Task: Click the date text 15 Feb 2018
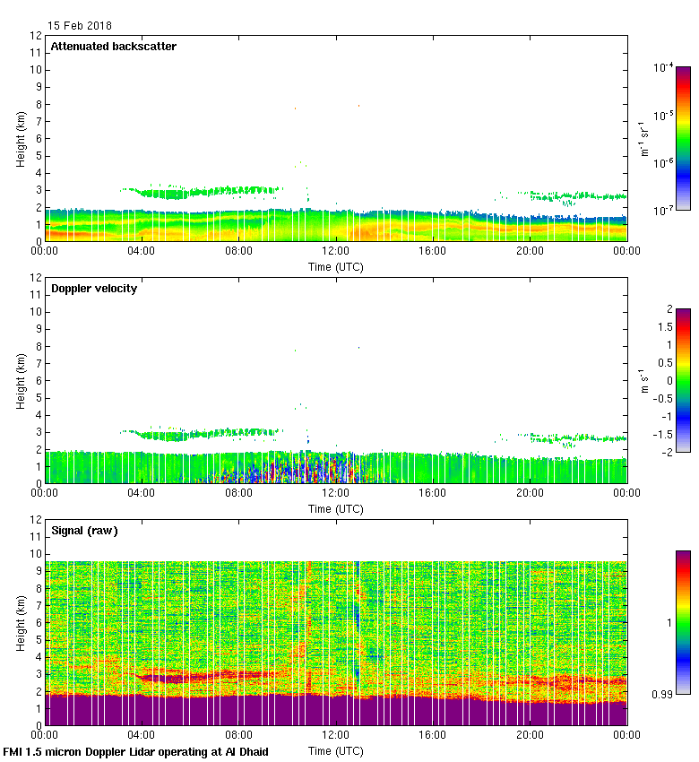coord(80,26)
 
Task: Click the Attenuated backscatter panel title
coord(113,47)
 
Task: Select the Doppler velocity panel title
coord(93,289)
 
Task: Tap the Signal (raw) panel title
coord(84,531)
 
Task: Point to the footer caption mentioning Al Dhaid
coord(136,752)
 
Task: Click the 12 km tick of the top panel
coord(37,36)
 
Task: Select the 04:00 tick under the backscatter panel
coord(142,252)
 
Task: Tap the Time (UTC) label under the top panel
coord(335,266)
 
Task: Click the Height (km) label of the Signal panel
coord(20,622)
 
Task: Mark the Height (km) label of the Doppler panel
coord(20,380)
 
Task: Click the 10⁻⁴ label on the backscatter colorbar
coord(663,67)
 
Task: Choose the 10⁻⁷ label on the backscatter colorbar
coord(663,209)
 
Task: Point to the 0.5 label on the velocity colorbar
coord(663,362)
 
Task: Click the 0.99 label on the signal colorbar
coord(661,693)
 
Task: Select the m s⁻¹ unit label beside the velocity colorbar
coord(643,380)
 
